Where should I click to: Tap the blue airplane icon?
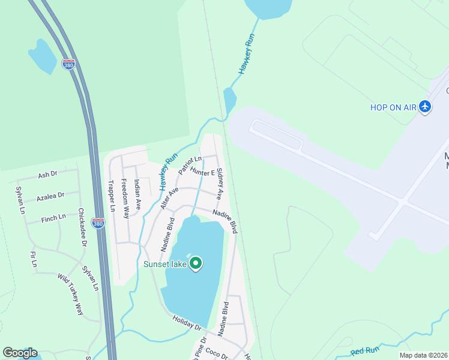[426, 106]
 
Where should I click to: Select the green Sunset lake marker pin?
[195, 263]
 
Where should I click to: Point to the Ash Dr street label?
[47, 175]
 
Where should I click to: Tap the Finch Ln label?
[54, 218]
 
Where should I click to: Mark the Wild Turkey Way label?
[70, 294]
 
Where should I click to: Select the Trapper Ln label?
[111, 196]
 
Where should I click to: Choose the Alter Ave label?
[169, 197]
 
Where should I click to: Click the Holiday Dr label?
[187, 323]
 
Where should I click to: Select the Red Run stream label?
[365, 349]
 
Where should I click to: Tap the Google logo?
[20, 353]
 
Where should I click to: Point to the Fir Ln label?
[34, 259]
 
